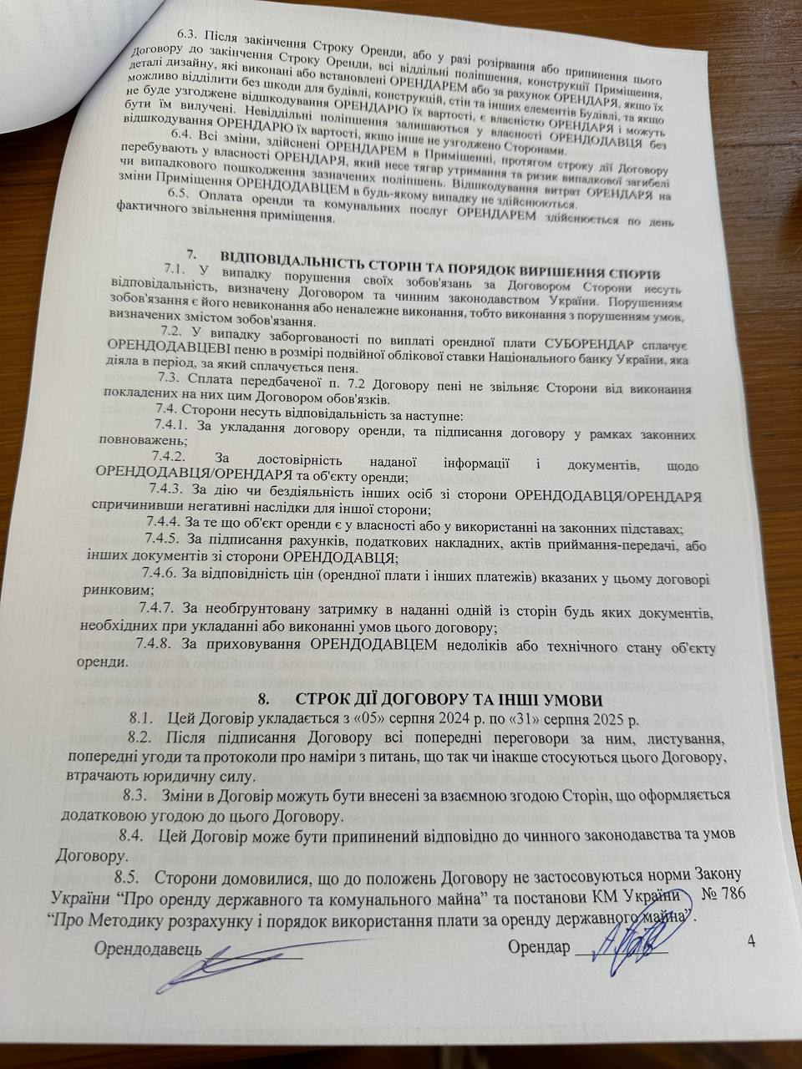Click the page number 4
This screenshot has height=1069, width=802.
click(x=752, y=942)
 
